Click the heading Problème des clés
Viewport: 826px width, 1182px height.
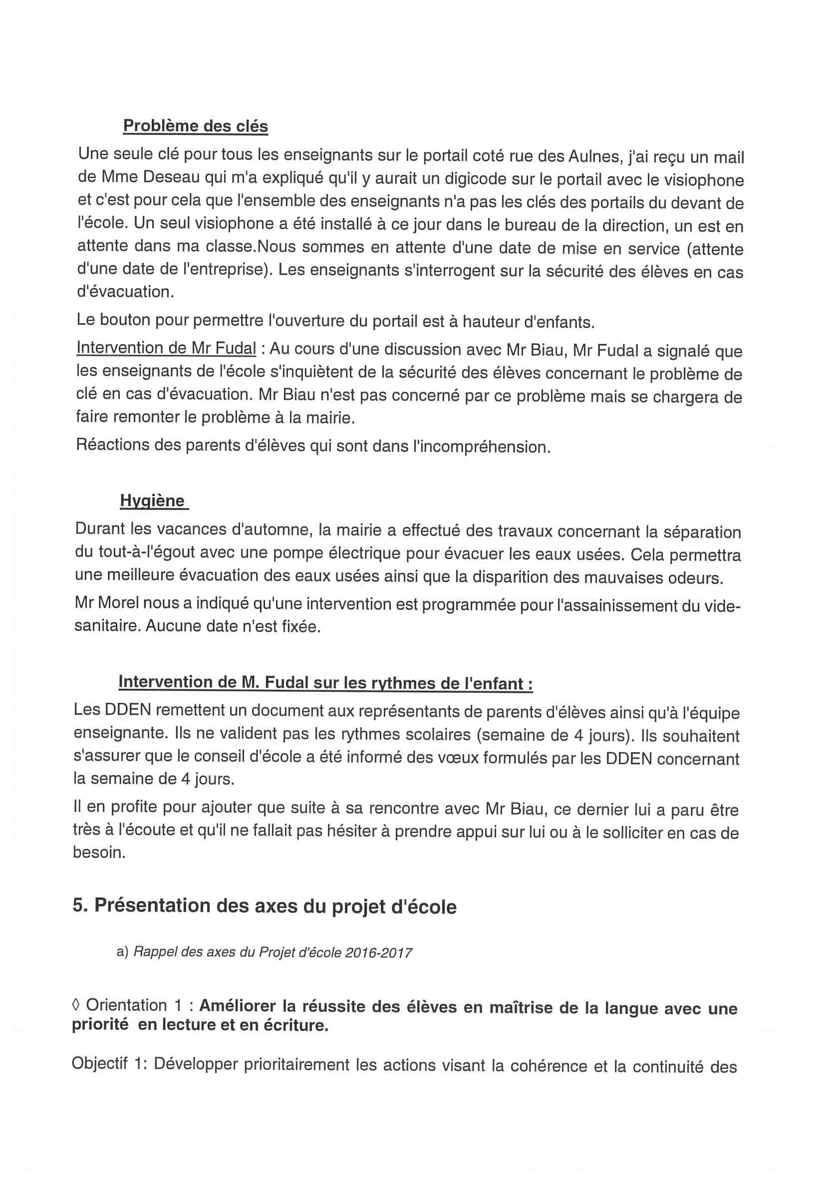196,126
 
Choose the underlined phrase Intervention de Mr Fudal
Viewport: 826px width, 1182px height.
166,348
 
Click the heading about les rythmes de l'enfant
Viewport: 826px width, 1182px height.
325,682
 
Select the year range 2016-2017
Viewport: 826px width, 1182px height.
378,953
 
